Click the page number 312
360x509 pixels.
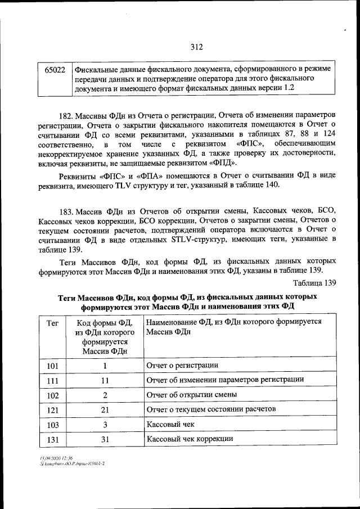(x=196, y=47)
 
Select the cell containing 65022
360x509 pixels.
(x=54, y=69)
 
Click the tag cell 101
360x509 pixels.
(x=52, y=366)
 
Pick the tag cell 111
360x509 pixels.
(x=52, y=380)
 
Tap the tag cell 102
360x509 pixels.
(x=52, y=395)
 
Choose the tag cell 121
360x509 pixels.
(x=52, y=409)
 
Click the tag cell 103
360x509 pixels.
(x=52, y=424)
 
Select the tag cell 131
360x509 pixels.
(x=52, y=439)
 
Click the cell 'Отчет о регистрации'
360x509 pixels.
(x=182, y=366)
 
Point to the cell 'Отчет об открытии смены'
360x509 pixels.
(x=191, y=395)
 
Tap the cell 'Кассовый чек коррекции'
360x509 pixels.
(x=190, y=439)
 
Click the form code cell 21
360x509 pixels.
(x=104, y=409)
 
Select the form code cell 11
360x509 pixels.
(x=104, y=380)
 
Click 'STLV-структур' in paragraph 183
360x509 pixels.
(x=196, y=240)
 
